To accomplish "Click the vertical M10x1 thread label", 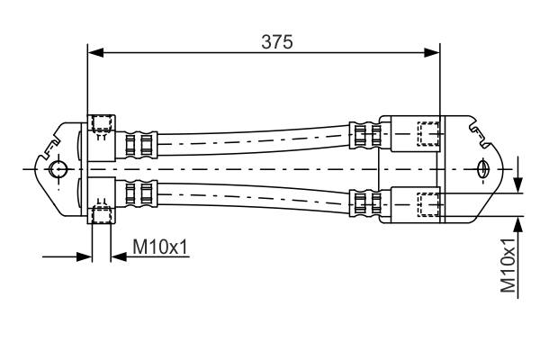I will pyautogui.click(x=509, y=267).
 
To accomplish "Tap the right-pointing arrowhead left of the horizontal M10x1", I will pyautogui.click(x=86, y=256).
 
